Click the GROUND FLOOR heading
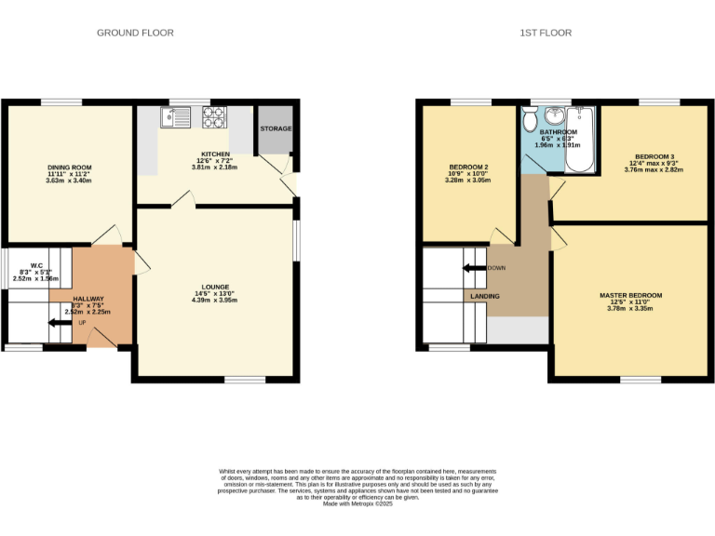click(135, 33)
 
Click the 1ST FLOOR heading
click(546, 33)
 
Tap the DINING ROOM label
click(70, 167)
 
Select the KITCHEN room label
click(215, 154)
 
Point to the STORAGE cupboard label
click(276, 128)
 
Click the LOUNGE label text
click(215, 287)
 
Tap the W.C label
click(37, 264)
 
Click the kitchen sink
click(174, 117)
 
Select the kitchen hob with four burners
click(215, 117)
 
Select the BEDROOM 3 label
click(654, 156)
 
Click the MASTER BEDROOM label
click(630, 295)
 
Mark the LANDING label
click(484, 297)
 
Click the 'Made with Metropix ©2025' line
click(357, 503)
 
